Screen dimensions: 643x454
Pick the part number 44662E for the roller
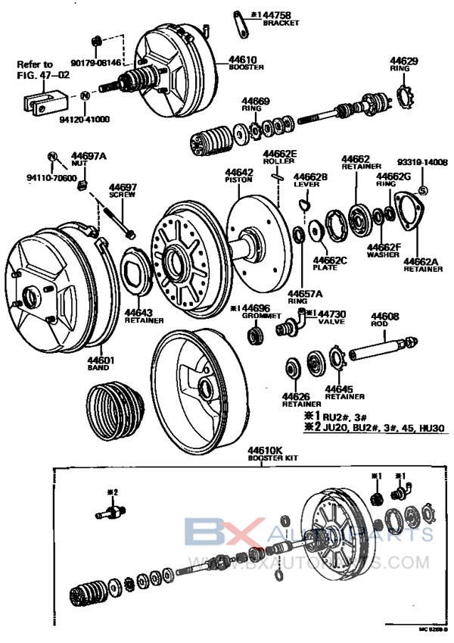[279, 153]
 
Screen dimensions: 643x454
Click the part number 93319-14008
[424, 162]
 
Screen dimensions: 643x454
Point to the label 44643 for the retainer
[138, 312]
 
